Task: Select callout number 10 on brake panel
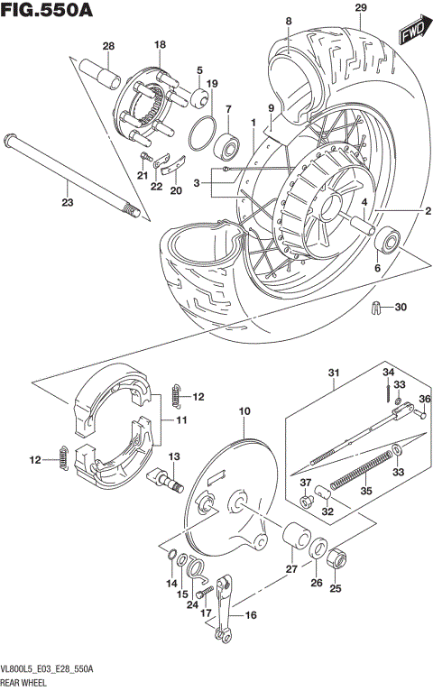[x=243, y=412]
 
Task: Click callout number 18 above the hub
[x=160, y=44]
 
